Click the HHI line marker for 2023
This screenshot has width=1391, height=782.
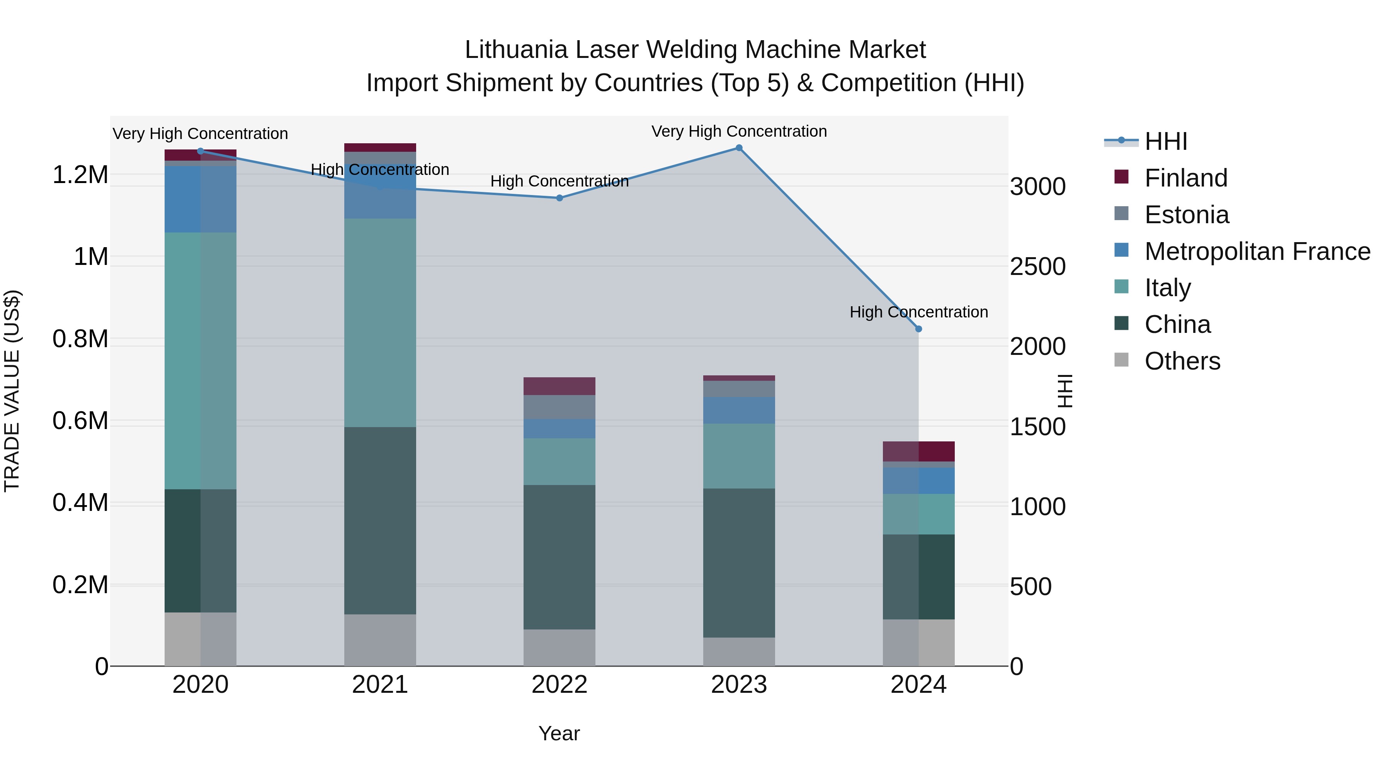739,148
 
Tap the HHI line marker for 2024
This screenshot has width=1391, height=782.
918,329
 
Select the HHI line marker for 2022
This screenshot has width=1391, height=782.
559,198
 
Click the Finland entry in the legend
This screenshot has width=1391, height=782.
1186,178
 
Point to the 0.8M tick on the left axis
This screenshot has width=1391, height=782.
80,339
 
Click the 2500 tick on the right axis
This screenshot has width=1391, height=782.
1037,266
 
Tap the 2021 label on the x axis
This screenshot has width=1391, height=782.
379,685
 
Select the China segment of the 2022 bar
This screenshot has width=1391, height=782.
559,557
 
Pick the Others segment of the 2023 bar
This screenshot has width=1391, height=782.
739,651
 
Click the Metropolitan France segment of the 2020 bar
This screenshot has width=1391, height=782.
200,199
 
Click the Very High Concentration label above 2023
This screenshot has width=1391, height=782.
739,131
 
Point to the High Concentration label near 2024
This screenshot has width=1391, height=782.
918,312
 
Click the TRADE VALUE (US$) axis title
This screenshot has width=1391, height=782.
12,391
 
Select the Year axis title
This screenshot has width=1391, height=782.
559,733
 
